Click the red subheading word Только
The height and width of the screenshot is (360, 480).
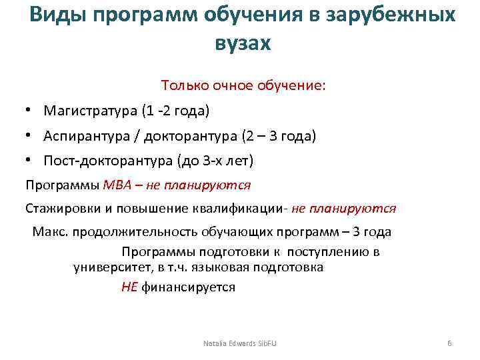tap(183, 86)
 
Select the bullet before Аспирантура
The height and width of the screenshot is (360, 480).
tap(29, 136)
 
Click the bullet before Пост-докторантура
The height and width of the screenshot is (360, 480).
tap(29, 161)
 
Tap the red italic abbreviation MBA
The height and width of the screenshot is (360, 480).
tap(117, 184)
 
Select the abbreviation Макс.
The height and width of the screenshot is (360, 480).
tap(49, 232)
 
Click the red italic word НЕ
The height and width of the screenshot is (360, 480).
tap(129, 287)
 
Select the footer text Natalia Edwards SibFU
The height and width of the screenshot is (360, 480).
tap(239, 343)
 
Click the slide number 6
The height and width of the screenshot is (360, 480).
tap(449, 343)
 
